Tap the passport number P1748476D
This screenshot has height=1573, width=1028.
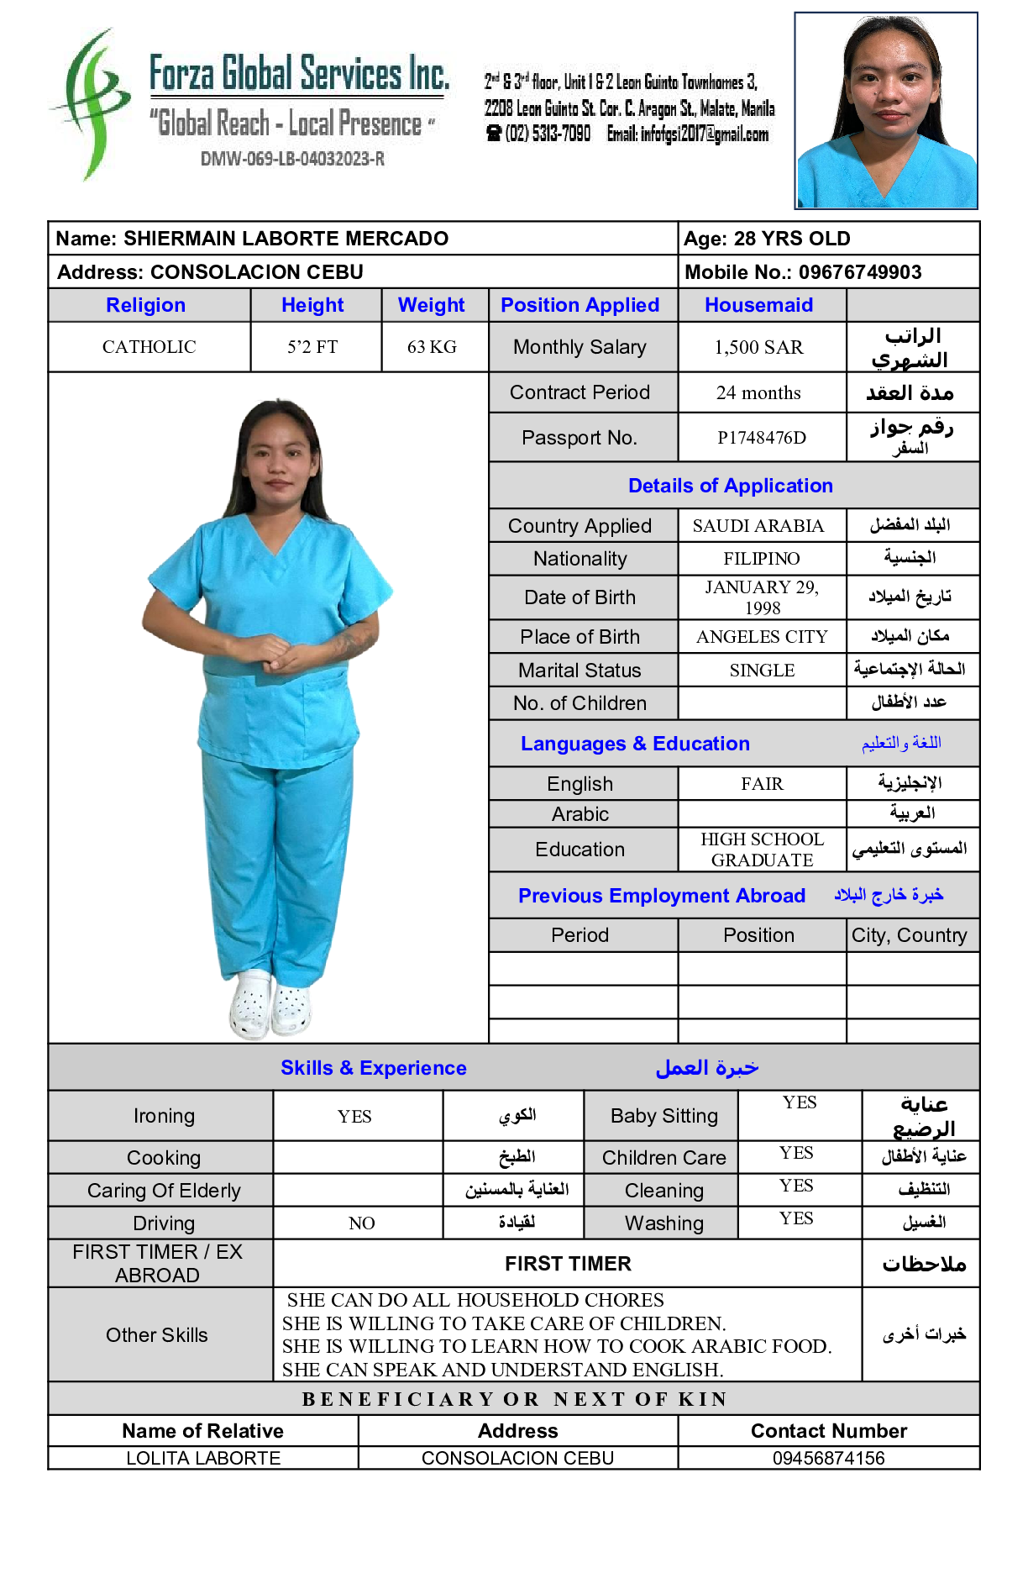(x=761, y=438)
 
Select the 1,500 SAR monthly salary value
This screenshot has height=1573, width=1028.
(x=758, y=347)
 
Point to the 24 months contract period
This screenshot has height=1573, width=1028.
(x=758, y=392)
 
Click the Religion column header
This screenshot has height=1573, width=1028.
(x=145, y=305)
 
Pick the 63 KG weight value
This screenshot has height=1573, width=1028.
(x=432, y=347)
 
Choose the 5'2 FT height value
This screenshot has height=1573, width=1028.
(x=312, y=347)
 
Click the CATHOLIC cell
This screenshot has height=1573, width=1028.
(x=149, y=347)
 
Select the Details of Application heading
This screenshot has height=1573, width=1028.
(x=730, y=486)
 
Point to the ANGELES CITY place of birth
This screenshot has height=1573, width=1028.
(x=761, y=637)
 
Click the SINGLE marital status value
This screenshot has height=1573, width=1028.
(x=761, y=671)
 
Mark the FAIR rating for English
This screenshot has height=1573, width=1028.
(x=761, y=784)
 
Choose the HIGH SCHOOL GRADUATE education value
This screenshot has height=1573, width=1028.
(x=761, y=850)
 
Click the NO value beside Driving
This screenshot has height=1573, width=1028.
(x=361, y=1223)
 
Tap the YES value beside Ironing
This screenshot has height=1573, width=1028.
(x=354, y=1117)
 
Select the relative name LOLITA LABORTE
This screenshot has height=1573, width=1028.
(x=203, y=1459)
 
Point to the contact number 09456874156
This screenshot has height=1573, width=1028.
(x=828, y=1459)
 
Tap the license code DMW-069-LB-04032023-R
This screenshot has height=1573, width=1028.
(x=292, y=159)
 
